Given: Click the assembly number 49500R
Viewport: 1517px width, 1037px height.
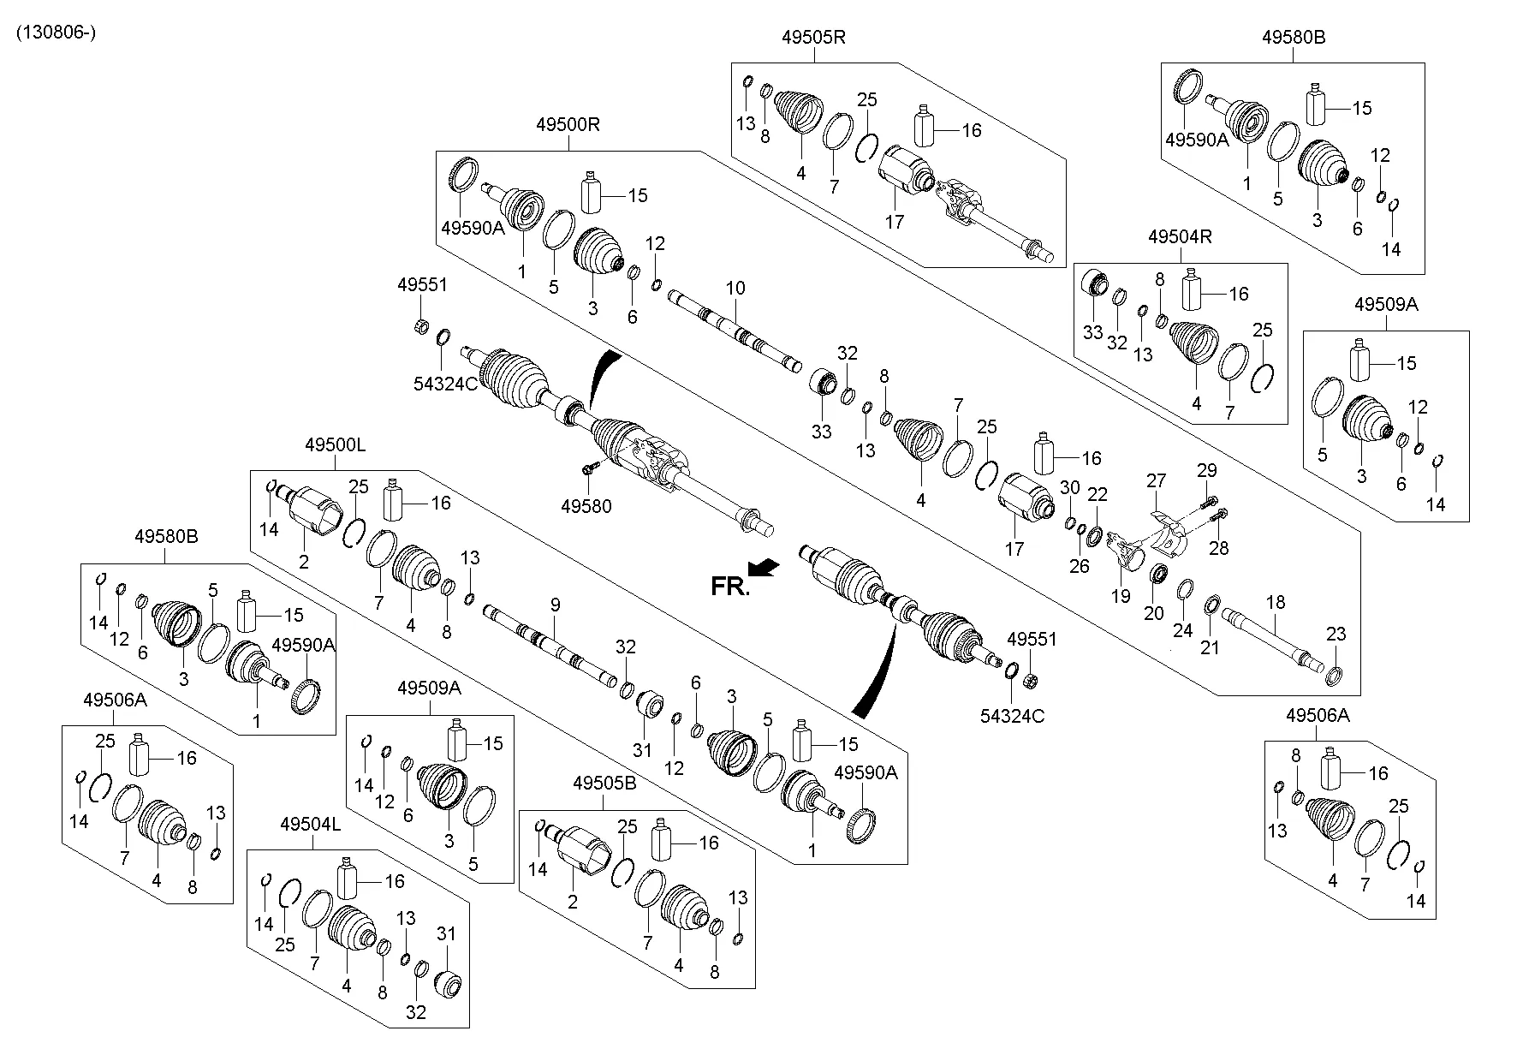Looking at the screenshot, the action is coord(568,124).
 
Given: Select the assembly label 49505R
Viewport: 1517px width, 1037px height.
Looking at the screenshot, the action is coord(813,37).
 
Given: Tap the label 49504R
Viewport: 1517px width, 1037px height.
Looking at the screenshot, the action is coord(1180,236).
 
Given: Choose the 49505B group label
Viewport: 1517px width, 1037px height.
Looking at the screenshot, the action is coord(604,783).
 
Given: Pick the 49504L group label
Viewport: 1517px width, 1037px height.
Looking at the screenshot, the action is coord(311,824).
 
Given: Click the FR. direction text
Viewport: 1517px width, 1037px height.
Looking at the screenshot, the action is coord(729,587).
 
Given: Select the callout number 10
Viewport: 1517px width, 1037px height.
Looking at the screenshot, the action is coord(735,289).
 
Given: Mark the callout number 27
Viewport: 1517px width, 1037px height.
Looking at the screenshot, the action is coord(1157,480).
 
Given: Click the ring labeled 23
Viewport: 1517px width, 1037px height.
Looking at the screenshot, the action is coord(1333,679).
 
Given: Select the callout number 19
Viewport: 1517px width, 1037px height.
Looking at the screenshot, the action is coord(1121,596).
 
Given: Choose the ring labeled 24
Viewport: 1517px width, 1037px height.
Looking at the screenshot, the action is coord(1186,590).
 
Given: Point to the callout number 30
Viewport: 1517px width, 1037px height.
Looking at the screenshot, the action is coord(1070,488).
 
